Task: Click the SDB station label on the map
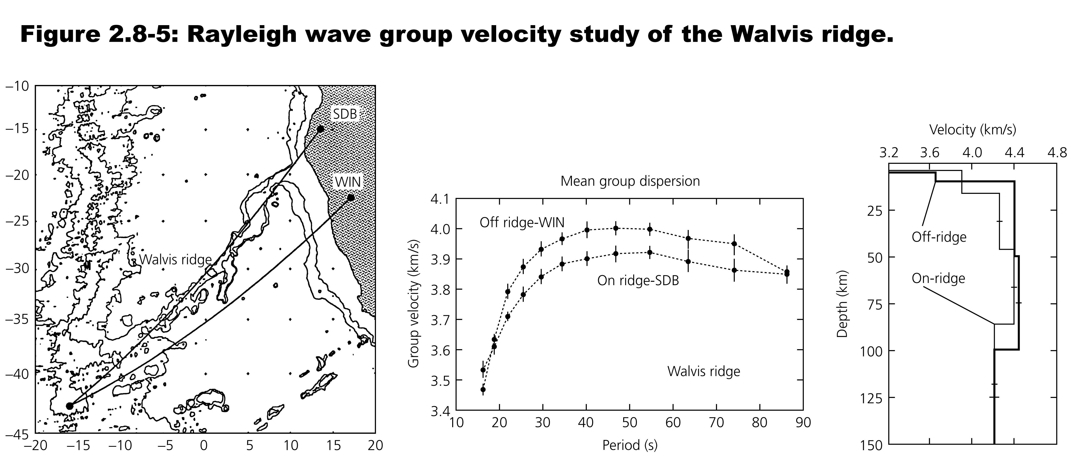point(345,114)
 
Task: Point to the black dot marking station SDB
point(320,129)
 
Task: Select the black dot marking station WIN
point(351,198)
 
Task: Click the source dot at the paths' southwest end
point(69,406)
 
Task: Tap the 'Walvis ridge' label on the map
point(175,260)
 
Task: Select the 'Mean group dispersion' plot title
point(630,181)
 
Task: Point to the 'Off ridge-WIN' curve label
point(522,223)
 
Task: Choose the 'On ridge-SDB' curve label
point(638,281)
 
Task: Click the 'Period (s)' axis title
point(630,445)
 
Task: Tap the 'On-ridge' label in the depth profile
point(938,278)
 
